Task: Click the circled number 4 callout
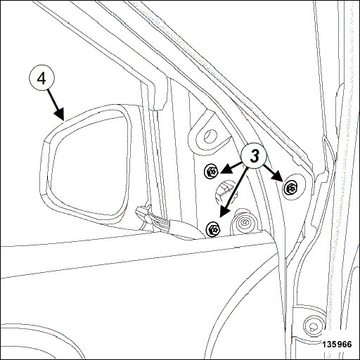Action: coord(41,78)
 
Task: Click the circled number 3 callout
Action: coord(255,155)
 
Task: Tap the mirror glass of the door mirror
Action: coord(89,164)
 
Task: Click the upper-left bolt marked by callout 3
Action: coord(211,171)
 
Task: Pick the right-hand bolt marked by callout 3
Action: coord(290,188)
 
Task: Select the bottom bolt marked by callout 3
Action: coord(213,229)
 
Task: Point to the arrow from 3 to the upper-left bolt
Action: coord(231,168)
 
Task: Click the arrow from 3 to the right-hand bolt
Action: coord(273,173)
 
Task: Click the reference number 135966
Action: coord(337,345)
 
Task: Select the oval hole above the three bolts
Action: coord(209,136)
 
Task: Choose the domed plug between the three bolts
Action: coord(226,191)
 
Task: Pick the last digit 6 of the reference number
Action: coord(349,345)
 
